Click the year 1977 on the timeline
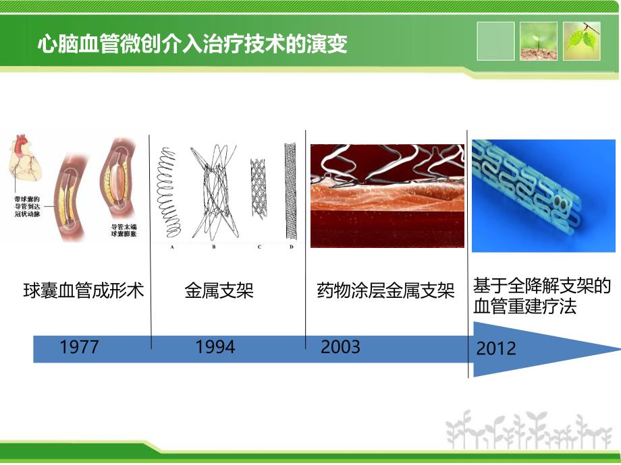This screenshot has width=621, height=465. point(79,347)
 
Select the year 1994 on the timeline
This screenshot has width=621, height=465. point(215,347)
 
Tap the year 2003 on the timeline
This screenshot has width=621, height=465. point(340,347)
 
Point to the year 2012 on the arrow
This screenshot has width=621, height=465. point(496,348)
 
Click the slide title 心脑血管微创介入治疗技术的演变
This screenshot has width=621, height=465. point(192,44)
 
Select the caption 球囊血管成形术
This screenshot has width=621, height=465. point(83,291)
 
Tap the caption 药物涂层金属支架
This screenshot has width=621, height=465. point(385,291)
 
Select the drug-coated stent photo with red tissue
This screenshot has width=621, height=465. point(387,195)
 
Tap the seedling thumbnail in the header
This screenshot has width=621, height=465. point(538,41)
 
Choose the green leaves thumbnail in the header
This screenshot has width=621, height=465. point(582,41)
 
